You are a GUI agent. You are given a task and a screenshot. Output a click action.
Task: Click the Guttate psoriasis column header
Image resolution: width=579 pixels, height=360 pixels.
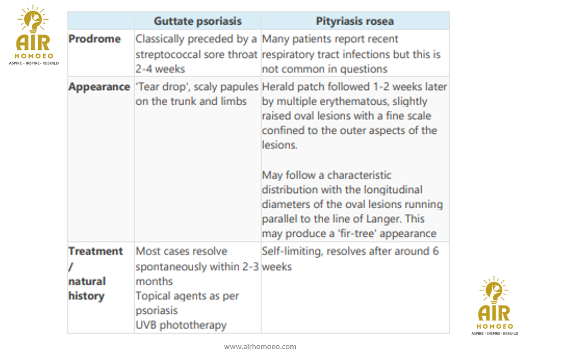(197, 21)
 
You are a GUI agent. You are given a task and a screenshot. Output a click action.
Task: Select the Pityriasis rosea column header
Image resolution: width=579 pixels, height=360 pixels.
(354, 21)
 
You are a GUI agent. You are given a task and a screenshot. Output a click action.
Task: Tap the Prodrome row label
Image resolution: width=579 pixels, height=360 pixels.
(94, 39)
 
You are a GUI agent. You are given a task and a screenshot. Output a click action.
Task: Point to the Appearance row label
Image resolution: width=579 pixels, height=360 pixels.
(99, 87)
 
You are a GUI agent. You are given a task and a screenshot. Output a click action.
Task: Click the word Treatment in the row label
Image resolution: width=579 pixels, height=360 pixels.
(95, 251)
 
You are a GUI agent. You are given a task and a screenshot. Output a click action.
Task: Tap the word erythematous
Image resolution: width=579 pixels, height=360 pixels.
(361, 101)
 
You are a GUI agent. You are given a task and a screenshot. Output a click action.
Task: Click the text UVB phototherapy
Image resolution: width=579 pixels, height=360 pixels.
(181, 325)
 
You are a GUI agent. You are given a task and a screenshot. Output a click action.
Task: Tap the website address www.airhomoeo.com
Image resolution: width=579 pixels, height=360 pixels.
(260, 347)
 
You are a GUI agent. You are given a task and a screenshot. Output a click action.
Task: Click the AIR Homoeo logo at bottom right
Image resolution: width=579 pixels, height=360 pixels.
(494, 306)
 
